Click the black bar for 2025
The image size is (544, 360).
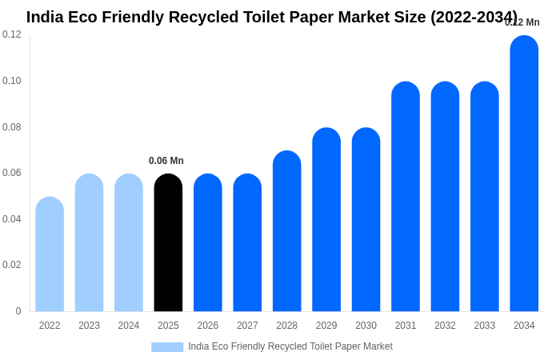pos(168,243)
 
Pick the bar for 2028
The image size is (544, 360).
pos(286,231)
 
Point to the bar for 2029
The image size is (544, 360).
pos(326,220)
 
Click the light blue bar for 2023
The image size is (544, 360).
pos(89,243)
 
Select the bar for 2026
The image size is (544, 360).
pos(208,243)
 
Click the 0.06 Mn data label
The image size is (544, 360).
pos(166,161)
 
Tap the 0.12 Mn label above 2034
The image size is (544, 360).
pos(522,22)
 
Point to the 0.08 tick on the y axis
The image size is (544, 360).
pos(12,127)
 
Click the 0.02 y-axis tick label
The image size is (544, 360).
pos(12,265)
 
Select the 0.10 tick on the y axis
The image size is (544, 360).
pos(12,81)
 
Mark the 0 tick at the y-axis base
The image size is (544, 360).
pos(18,311)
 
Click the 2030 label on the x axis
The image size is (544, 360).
pos(366,326)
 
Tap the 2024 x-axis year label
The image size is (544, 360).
pos(129,326)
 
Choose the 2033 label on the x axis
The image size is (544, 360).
pos(485,326)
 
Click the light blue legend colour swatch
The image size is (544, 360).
pos(167,347)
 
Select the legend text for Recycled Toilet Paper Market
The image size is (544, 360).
pos(290,346)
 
